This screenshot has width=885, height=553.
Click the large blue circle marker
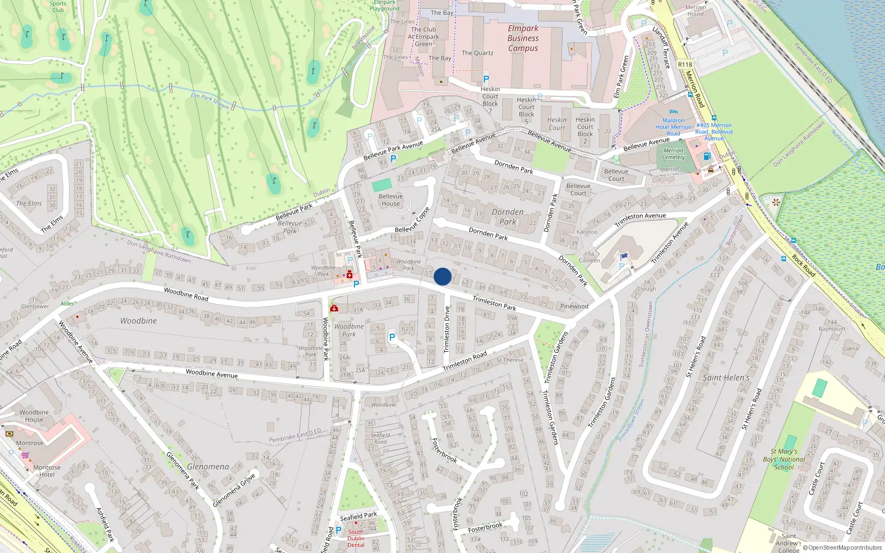442,276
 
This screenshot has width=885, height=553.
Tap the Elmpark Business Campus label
523,38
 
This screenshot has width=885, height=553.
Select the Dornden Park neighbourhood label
507,217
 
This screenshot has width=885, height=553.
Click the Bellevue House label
391,200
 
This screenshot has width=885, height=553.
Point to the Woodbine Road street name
186,294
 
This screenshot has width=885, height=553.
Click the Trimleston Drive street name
447,330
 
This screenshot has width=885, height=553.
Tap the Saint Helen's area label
726,378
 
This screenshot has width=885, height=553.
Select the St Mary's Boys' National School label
784,460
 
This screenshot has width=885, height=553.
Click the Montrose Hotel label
47,471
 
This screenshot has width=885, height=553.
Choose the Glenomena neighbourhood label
208,467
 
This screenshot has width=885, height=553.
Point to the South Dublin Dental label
356,538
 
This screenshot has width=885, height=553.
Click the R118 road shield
685,65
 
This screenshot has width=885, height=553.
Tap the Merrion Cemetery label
673,154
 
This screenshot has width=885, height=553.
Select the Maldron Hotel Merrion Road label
673,127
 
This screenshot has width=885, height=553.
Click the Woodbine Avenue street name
212,374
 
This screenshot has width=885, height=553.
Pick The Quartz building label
477,53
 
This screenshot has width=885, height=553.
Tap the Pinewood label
574,306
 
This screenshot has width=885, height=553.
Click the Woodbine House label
34,416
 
